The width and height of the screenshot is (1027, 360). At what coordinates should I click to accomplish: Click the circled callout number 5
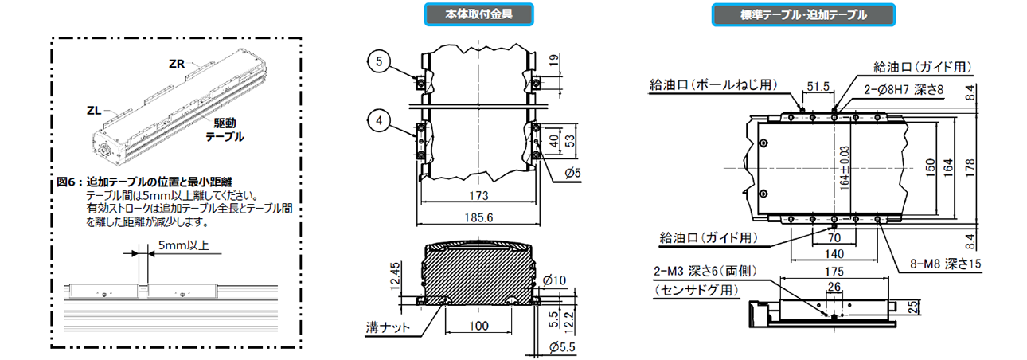point(379,60)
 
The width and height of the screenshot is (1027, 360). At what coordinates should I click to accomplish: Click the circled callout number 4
point(379,121)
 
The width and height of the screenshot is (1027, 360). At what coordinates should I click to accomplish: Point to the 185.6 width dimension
point(478,216)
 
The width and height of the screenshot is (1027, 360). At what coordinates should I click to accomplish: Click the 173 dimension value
point(478,195)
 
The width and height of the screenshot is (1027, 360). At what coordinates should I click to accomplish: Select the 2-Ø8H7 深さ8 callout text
point(908,90)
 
